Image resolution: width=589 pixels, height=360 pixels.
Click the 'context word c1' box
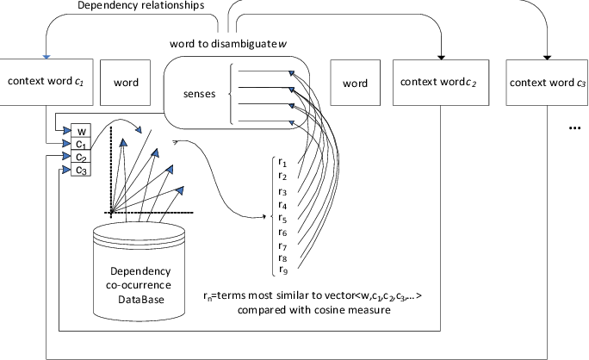point(45,83)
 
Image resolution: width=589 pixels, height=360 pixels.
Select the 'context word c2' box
point(436,83)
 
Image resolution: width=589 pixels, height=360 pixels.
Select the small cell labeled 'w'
point(80,132)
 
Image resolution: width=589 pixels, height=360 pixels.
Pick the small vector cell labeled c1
point(80,145)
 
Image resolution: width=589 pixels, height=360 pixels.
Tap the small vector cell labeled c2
point(80,158)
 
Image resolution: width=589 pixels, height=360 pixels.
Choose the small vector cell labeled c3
point(80,171)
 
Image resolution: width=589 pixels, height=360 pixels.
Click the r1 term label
point(283,161)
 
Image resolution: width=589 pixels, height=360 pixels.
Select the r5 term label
point(283,218)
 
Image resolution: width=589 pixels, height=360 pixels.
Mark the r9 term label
point(283,270)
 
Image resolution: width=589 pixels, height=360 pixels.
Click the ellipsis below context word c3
point(574,127)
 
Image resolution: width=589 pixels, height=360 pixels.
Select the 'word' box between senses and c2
point(355,84)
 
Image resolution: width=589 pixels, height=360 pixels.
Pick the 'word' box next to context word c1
point(127,84)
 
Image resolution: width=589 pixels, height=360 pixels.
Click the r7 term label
point(283,245)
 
